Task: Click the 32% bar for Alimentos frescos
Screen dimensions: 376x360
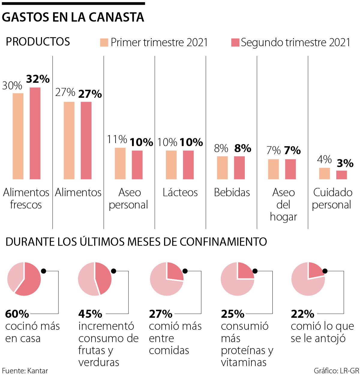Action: [x=35, y=133]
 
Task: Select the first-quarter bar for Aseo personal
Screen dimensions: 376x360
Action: [x=120, y=163]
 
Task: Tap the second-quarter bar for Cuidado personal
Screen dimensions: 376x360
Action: [x=341, y=175]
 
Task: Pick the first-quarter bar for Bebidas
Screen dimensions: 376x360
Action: [x=222, y=168]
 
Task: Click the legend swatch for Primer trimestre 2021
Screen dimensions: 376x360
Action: [x=104, y=42]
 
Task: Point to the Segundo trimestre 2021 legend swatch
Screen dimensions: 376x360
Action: [x=235, y=42]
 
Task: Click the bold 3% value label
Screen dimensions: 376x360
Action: [x=345, y=163]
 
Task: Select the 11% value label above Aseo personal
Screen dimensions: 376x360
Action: [x=117, y=139]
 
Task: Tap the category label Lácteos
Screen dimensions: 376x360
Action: [x=180, y=192]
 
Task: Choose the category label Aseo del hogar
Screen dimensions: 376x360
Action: [x=283, y=204]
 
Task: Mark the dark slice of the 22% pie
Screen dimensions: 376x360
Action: [x=315, y=270]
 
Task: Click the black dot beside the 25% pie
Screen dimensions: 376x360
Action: [x=255, y=271]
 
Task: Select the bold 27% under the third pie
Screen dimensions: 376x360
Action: [x=160, y=314]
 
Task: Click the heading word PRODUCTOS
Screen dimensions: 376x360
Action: [x=38, y=42]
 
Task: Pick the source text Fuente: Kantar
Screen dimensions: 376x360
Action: [x=25, y=371]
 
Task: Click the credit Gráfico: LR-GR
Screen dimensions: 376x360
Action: [x=336, y=371]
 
